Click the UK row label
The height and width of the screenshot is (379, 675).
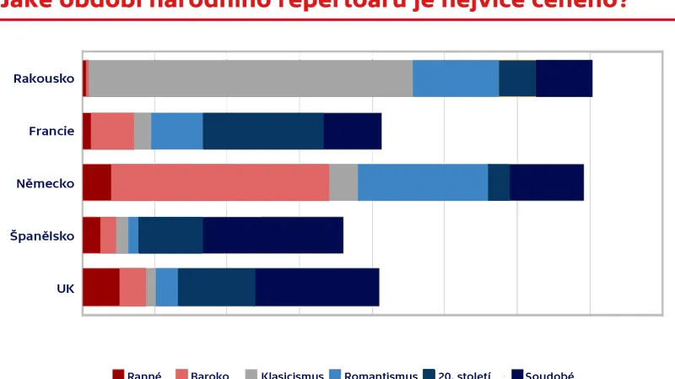65,288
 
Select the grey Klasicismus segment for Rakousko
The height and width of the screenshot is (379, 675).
251,79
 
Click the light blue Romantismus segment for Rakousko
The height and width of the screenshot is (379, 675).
456,79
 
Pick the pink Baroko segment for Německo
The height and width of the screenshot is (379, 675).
219,183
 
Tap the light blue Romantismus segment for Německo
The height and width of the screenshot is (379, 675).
423,183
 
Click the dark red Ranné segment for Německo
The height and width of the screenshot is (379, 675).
97,183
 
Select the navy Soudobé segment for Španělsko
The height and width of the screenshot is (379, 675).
273,236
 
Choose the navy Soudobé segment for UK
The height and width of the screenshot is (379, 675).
316,288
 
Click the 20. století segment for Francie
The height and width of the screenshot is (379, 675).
263,131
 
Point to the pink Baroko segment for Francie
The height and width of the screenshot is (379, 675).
112,131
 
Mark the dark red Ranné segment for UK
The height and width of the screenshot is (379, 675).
101,288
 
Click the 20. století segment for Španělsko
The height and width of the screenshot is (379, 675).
170,236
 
